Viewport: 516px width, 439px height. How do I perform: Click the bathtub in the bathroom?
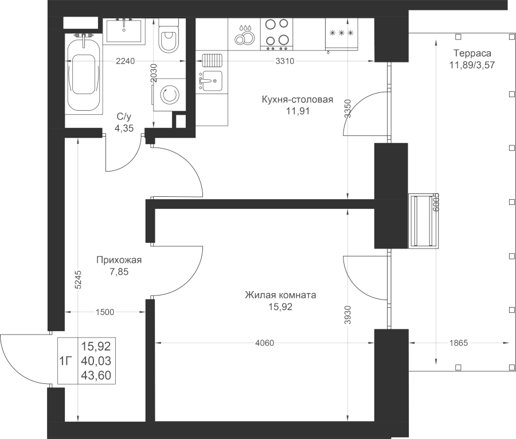coord(83,73)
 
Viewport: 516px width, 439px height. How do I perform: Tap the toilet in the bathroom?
coord(169,35)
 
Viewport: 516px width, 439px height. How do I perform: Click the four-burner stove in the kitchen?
coord(277,34)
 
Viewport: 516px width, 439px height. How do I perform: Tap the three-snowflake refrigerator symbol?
coord(341,33)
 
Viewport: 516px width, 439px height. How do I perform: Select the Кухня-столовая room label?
coord(298,99)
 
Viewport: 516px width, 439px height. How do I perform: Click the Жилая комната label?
coord(280,295)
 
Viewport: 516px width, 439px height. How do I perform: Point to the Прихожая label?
coord(119,260)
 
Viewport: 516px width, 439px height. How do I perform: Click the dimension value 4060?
coord(264,343)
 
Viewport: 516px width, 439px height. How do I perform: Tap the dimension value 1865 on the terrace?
coord(459,343)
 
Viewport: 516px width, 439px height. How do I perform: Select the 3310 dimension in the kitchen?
coord(284,61)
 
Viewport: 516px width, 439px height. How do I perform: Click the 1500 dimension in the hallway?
coord(105,312)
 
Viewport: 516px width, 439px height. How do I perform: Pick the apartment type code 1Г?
coord(66,362)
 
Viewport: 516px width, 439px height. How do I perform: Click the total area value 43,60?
coord(96,375)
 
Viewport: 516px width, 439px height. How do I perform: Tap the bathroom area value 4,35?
coord(124,128)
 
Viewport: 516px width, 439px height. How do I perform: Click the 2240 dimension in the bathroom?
coord(126,61)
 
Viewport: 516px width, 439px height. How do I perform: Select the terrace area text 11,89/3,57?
coord(472,65)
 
